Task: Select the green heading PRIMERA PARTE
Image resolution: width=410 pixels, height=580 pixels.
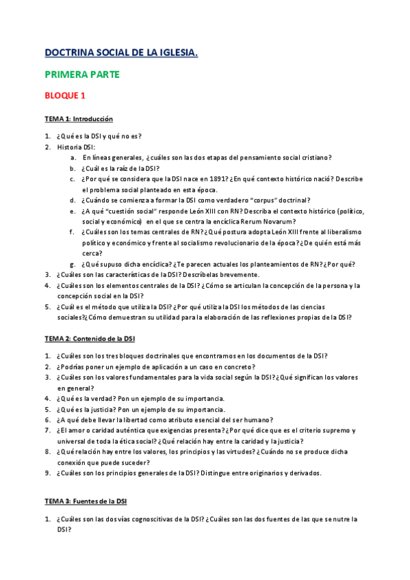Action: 82,74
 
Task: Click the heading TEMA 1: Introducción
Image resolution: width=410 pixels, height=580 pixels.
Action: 79,119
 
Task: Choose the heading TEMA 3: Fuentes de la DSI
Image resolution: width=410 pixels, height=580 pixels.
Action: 86,501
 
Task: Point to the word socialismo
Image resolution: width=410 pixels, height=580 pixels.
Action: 203,243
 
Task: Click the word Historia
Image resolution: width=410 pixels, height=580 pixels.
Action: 68,146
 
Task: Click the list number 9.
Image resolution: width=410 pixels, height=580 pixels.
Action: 48,473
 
